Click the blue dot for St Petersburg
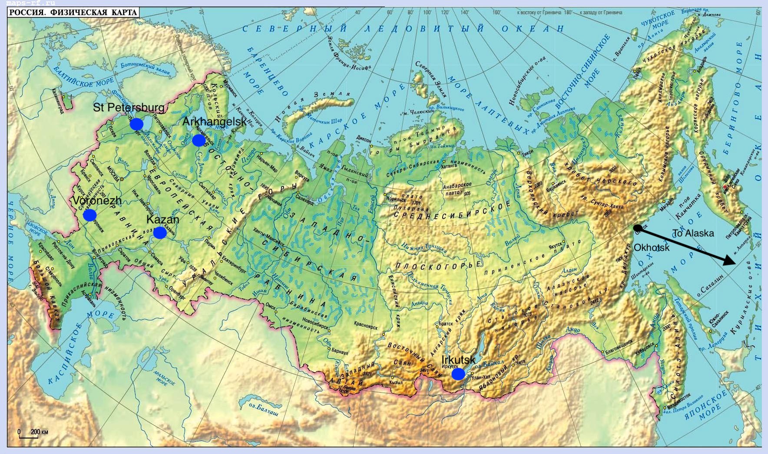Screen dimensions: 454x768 [136, 124]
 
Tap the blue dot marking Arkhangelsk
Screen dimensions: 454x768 [199, 140]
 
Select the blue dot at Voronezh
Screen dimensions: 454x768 [89, 215]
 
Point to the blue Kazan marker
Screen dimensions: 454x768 [160, 233]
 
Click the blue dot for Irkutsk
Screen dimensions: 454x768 [458, 374]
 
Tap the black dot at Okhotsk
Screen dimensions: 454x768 [637, 227]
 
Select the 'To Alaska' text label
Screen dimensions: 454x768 [693, 234]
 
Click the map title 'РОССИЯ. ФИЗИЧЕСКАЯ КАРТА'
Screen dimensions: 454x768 [73, 12]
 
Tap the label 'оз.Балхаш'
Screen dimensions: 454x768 [263, 409]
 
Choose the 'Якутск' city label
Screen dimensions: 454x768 [555, 247]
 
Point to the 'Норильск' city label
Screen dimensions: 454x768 [395, 199]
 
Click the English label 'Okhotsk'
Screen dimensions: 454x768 [652, 247]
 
